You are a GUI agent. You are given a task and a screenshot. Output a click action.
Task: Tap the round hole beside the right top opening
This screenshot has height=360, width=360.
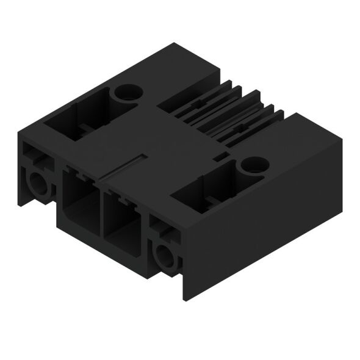click(x=253, y=164)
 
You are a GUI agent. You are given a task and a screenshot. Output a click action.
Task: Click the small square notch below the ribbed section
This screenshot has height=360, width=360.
click(x=221, y=158)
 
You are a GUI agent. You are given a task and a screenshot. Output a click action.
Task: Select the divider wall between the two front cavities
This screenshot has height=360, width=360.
click(x=101, y=211)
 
